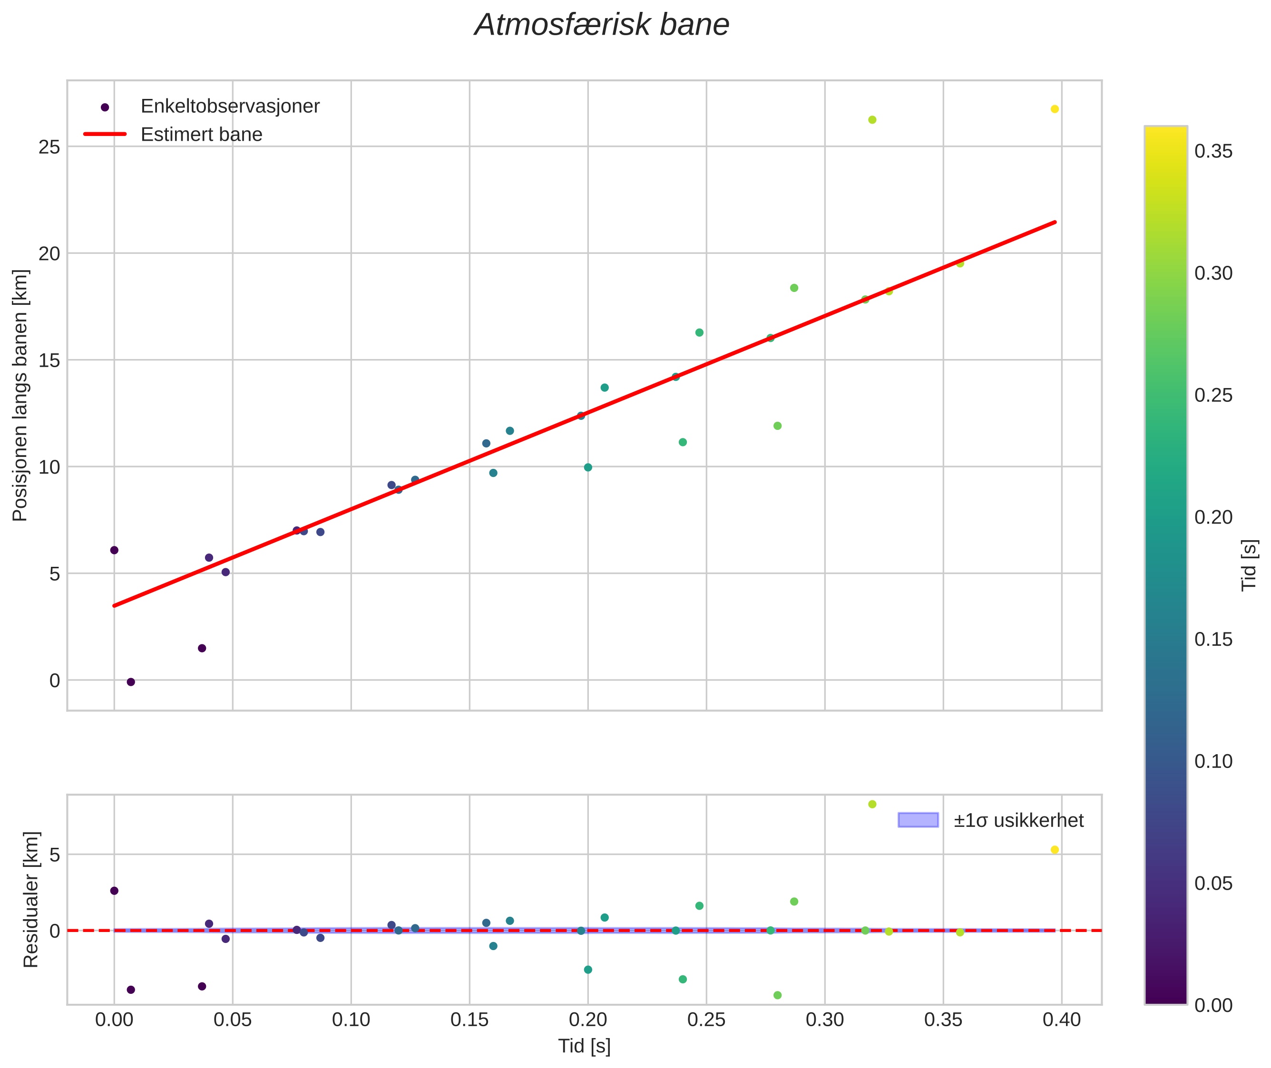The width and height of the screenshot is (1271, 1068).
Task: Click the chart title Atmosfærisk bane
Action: [602, 25]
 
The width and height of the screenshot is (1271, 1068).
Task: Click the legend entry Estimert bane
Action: [201, 135]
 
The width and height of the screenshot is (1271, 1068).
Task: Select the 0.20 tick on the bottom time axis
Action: [587, 1019]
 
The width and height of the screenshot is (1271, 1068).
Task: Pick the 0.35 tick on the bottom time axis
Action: [943, 1019]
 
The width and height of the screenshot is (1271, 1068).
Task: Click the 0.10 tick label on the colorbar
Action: [1213, 762]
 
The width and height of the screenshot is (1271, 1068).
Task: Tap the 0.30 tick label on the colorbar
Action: [1213, 274]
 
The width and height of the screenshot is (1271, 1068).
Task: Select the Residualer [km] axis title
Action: [31, 899]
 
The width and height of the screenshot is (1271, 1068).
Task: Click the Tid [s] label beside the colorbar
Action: [1249, 565]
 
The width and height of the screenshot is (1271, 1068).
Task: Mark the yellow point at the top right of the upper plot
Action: [1054, 109]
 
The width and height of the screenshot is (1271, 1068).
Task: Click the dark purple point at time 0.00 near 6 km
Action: [114, 550]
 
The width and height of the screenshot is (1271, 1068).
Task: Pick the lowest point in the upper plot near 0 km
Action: [131, 682]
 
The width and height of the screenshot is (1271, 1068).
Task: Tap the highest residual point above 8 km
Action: [872, 804]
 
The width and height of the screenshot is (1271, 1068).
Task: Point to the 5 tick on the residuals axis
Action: [55, 855]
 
